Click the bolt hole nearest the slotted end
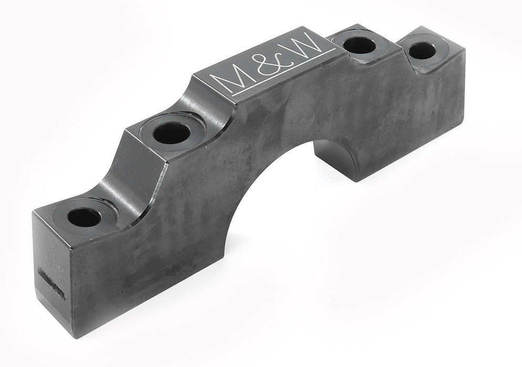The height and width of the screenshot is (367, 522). (x=84, y=217)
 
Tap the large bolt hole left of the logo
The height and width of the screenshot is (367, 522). (x=172, y=134)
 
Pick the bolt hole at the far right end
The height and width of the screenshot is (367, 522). (x=422, y=51)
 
